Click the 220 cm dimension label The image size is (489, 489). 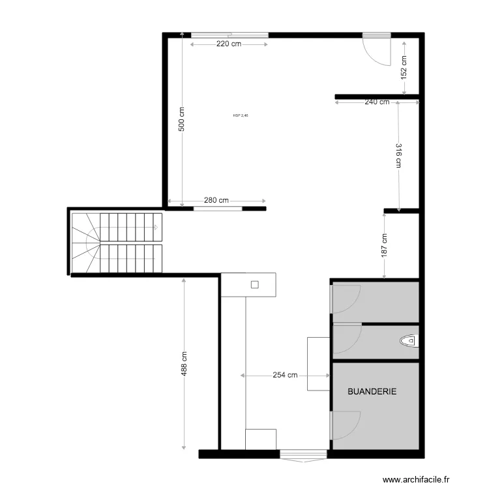228,44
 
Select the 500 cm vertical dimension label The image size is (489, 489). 182,119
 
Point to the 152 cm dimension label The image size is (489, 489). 404,67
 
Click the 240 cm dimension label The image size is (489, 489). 377,102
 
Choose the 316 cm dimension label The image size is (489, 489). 397,155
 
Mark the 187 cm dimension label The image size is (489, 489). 385,244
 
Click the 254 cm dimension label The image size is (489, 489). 285,376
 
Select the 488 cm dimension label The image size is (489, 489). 185,364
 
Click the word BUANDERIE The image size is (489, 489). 372,392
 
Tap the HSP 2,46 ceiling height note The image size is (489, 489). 241,116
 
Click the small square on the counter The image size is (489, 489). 255,284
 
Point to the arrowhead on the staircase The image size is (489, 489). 155,228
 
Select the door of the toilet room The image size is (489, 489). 347,340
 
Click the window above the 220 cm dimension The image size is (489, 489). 229,35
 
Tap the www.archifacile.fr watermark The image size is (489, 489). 416,480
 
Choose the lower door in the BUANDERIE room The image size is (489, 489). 346,426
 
